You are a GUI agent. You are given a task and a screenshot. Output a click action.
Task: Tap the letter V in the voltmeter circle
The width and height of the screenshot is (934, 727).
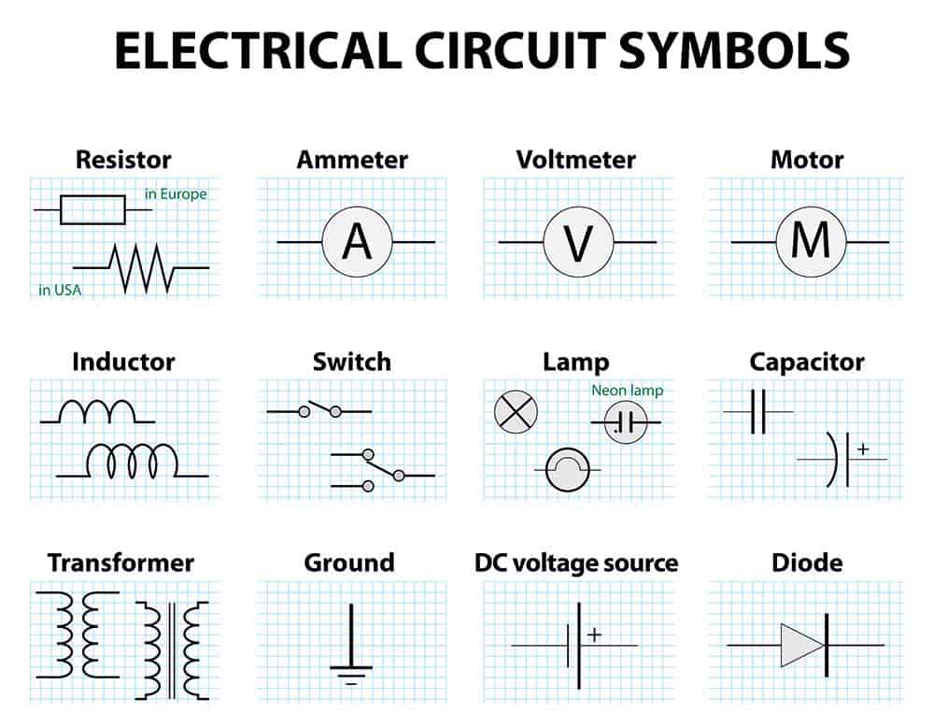pyautogui.click(x=578, y=243)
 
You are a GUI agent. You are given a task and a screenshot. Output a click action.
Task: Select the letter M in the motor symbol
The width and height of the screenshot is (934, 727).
pyautogui.click(x=810, y=240)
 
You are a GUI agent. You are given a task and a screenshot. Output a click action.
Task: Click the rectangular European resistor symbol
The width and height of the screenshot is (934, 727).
pyautogui.click(x=92, y=209)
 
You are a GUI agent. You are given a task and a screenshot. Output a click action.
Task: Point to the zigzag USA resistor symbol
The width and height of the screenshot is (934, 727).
pyautogui.click(x=141, y=268)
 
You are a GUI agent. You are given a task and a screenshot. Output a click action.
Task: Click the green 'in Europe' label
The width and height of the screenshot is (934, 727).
pyautogui.click(x=176, y=193)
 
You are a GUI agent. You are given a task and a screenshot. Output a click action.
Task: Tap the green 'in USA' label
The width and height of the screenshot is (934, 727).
pyautogui.click(x=60, y=290)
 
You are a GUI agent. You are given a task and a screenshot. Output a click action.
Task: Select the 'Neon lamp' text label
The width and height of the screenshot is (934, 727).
pyautogui.click(x=628, y=391)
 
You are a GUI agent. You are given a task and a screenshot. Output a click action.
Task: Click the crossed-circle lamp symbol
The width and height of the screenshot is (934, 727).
pyautogui.click(x=516, y=412)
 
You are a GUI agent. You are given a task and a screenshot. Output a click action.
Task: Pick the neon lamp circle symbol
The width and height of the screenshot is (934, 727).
pyautogui.click(x=626, y=422)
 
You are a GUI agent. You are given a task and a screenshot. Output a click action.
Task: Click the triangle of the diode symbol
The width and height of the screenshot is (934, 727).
pyautogui.click(x=802, y=645)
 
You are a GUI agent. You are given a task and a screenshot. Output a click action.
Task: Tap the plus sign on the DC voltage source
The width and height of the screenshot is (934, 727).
pyautogui.click(x=594, y=634)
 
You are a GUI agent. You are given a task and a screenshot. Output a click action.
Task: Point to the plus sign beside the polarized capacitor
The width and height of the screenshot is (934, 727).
pyautogui.click(x=863, y=449)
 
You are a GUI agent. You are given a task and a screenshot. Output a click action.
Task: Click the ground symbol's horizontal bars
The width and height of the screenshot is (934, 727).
pyautogui.click(x=351, y=676)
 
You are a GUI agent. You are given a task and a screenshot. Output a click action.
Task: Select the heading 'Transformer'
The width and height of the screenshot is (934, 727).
pyautogui.click(x=120, y=563)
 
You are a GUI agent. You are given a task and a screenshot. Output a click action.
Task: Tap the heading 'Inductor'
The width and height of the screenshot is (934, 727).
pyautogui.click(x=123, y=362)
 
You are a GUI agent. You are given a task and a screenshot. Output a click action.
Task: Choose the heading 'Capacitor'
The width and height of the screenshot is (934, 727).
pyautogui.click(x=807, y=362)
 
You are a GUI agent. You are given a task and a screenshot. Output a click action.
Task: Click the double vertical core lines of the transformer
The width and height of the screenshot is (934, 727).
pyautogui.click(x=172, y=650)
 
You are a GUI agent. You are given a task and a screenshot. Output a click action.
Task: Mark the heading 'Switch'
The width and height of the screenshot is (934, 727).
pyautogui.click(x=352, y=362)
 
